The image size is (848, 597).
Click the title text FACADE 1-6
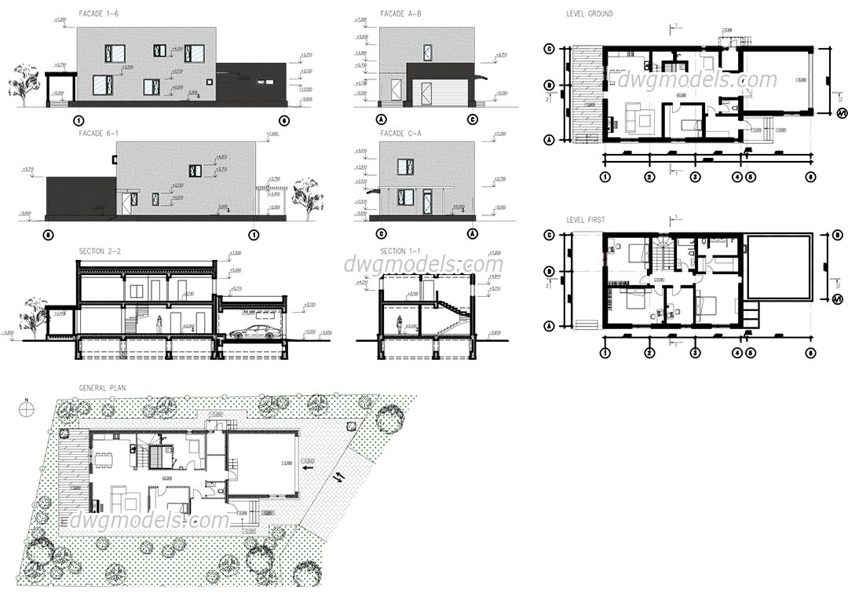[99, 14]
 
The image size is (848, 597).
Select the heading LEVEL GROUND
[589, 14]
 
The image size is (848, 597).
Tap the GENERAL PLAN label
[102, 388]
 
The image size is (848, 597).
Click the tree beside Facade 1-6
[24, 82]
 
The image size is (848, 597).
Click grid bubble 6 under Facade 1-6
[283, 120]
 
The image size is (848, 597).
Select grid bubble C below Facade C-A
[382, 233]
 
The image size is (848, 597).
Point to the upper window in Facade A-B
[427, 53]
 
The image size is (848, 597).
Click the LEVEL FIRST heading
[586, 220]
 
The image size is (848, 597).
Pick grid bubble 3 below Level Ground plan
[694, 177]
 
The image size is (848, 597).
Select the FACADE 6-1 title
[99, 134]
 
